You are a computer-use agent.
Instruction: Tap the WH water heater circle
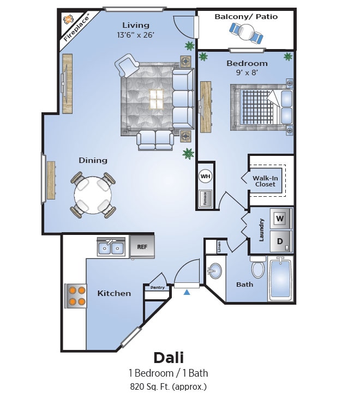click(205, 177)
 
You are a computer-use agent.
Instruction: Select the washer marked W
click(280, 219)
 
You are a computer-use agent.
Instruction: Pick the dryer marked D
click(280, 241)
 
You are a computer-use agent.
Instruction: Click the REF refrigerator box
click(142, 246)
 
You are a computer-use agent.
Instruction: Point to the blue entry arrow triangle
click(187, 293)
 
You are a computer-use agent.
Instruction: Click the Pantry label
click(157, 287)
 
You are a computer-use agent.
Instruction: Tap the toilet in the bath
click(258, 267)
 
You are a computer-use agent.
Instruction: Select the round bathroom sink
click(215, 271)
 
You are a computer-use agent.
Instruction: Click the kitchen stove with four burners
click(76, 296)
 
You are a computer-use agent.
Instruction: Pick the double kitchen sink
click(111, 248)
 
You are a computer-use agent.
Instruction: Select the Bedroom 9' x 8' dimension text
click(247, 71)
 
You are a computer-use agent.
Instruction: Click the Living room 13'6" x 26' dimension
click(136, 35)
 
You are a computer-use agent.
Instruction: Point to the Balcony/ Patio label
click(246, 16)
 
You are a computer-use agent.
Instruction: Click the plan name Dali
click(168, 358)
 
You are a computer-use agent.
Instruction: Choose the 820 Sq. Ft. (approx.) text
click(168, 387)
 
